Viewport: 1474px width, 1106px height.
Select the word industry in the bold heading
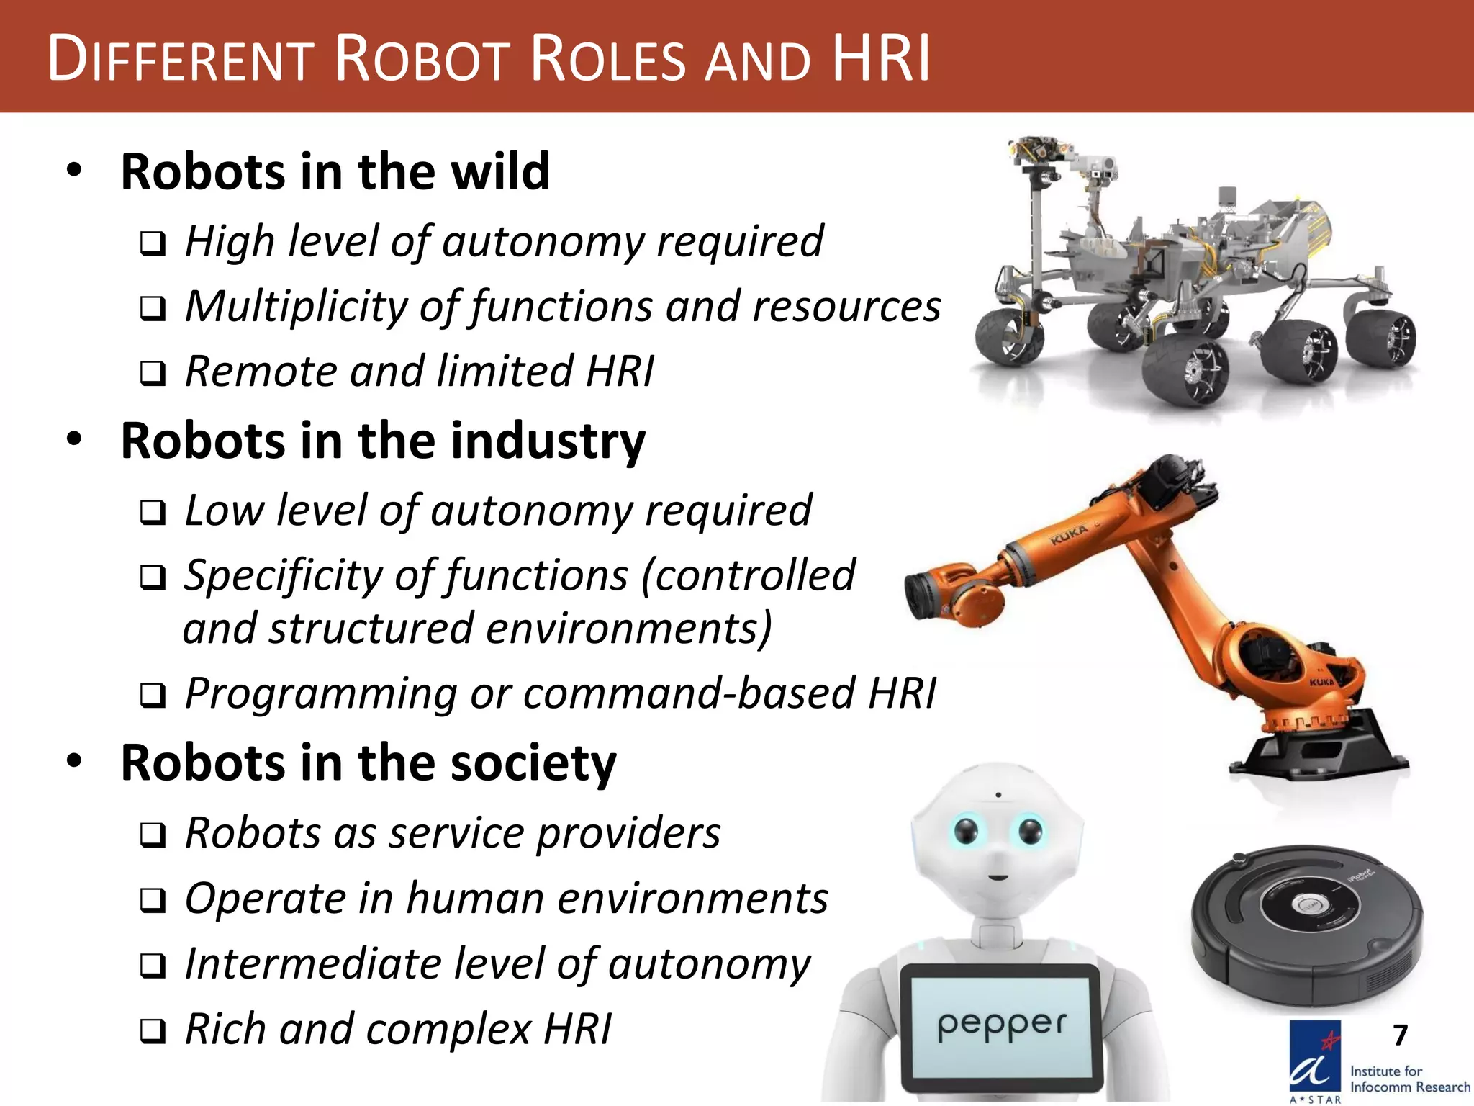click(x=548, y=441)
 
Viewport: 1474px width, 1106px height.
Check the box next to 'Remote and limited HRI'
click(x=153, y=373)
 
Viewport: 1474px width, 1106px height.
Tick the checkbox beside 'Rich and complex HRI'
click(x=153, y=1031)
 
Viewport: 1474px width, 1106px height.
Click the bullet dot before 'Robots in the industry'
click(x=74, y=439)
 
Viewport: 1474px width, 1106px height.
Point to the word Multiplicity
click(x=296, y=307)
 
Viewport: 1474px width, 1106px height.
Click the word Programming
click(x=320, y=693)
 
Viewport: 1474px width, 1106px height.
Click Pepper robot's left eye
click(x=966, y=832)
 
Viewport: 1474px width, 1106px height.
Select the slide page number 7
click(x=1400, y=1035)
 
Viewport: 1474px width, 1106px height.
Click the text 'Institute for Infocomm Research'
click(x=1409, y=1079)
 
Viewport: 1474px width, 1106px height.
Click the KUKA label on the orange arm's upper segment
click(x=1068, y=535)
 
